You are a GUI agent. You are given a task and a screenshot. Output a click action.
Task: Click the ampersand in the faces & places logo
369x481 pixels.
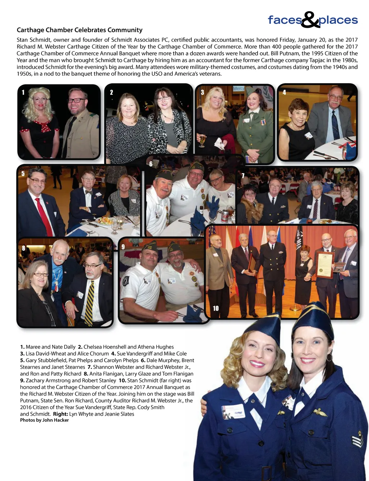point(310,20)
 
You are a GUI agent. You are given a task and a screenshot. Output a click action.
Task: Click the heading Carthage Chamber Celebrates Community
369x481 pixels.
point(80,30)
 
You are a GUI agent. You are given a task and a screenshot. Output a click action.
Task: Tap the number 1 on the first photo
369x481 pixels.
point(23,92)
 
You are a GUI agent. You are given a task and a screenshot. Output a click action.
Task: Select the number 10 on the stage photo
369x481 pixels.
point(215,308)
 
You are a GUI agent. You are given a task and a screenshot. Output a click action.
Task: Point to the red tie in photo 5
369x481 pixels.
point(44,213)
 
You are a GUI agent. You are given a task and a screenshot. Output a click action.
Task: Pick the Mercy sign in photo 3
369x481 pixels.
point(239,88)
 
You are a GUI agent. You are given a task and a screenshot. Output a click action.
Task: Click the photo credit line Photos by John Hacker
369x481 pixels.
point(44,420)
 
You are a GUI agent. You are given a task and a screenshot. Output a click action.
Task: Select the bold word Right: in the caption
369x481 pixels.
point(60,414)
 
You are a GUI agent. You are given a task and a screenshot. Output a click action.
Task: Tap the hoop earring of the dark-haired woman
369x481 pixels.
point(329,357)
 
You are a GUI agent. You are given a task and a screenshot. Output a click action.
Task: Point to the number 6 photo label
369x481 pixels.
point(151,164)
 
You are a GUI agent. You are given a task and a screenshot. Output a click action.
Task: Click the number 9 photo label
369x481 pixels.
point(123,247)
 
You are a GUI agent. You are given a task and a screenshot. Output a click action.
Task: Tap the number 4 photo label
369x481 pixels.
point(284,92)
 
